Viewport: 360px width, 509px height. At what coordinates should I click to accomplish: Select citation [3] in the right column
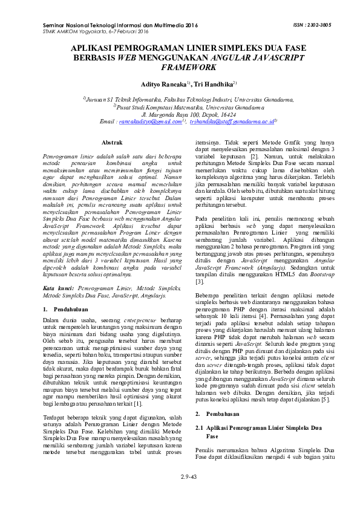[x=199, y=282]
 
